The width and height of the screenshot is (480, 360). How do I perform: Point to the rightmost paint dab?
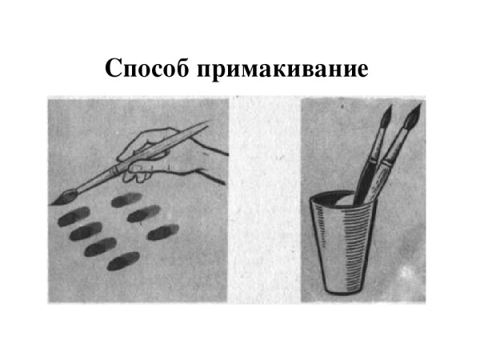point(163,233)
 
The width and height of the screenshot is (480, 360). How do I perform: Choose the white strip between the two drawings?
point(264,200)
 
